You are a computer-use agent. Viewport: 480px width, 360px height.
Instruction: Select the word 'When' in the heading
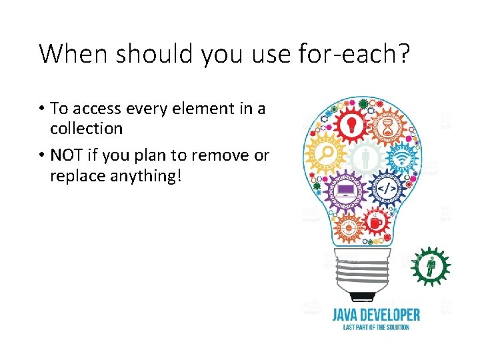pos(69,53)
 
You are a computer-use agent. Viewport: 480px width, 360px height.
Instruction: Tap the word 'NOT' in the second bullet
pos(65,155)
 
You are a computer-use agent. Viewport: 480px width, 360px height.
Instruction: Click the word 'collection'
pos(86,128)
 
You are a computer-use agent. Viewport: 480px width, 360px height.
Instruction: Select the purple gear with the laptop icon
pos(346,191)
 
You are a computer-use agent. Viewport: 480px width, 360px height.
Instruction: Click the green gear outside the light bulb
pos(429,266)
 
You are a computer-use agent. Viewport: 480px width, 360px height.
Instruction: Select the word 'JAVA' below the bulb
pos(349,314)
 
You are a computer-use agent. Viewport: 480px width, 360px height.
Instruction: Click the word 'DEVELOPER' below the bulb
pos(393,314)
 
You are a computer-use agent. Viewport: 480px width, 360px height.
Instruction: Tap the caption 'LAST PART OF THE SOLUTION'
pos(376,327)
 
